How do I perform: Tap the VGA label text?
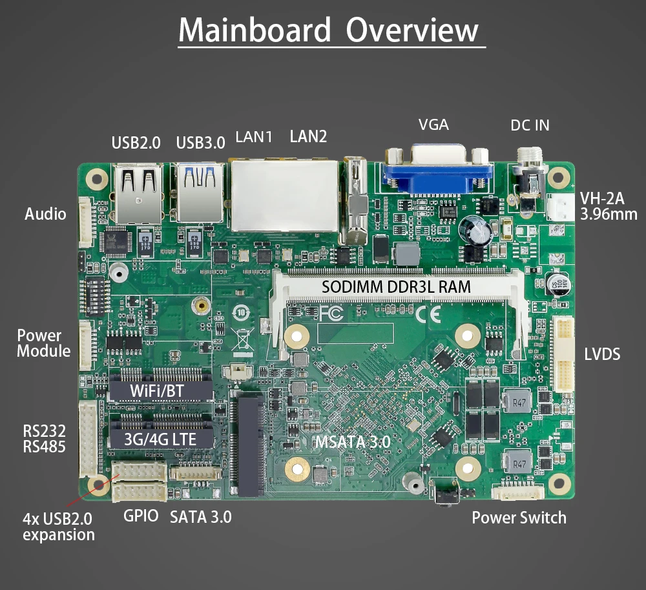coord(433,125)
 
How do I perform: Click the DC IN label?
coord(530,125)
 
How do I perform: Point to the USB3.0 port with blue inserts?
coord(201,191)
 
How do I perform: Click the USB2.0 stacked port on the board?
coord(138,191)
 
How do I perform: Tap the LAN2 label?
coord(308,136)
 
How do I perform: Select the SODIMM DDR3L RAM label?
coord(396,286)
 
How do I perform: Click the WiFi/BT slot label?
coord(161,390)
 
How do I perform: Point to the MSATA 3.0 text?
coord(352,443)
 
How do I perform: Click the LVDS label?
coord(602,354)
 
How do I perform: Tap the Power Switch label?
coord(519,518)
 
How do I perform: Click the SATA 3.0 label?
coord(200,517)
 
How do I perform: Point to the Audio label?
coord(45,214)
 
